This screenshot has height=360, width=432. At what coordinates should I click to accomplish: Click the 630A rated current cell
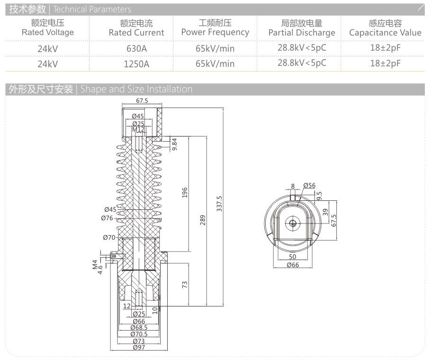[136, 48]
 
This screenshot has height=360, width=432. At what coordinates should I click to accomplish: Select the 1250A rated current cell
[136, 64]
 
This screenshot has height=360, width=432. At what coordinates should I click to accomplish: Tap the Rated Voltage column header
[48, 27]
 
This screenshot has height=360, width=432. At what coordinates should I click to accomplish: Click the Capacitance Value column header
[385, 28]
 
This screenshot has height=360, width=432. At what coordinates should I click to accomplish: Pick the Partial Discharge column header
[302, 28]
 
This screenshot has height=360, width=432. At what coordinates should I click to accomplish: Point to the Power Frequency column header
[215, 27]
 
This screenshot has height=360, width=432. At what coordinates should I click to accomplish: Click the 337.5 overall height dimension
[219, 204]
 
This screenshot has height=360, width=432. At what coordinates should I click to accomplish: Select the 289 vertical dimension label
[203, 220]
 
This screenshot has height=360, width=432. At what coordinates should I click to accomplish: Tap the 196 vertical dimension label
[185, 192]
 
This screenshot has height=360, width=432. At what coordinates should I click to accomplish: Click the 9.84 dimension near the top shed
[174, 144]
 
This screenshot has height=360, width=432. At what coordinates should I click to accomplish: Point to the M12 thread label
[138, 129]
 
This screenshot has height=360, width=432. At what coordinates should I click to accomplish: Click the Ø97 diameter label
[139, 347]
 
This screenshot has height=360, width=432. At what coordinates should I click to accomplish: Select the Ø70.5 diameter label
[139, 334]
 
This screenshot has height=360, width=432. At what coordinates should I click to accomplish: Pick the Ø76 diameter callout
[107, 218]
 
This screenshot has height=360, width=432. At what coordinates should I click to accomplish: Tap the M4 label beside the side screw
[95, 264]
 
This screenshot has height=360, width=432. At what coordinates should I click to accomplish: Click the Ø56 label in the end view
[309, 185]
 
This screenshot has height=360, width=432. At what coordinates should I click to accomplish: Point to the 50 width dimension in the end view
[293, 257]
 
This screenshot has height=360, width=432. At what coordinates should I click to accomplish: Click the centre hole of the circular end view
[293, 224]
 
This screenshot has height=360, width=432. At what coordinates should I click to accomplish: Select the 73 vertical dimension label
[185, 285]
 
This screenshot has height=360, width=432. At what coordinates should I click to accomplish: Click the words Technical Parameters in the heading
[92, 9]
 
